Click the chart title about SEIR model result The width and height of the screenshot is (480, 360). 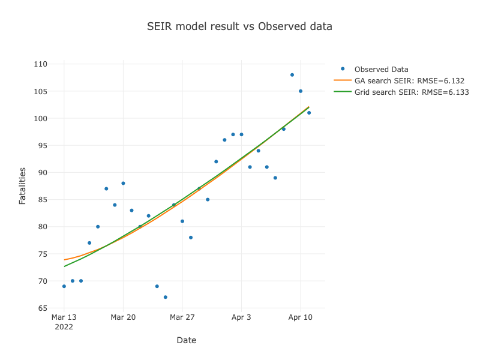(239, 27)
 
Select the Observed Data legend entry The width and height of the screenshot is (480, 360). (381, 69)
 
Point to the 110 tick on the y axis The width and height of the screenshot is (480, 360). (40, 64)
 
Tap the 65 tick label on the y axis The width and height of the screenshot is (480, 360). (43, 308)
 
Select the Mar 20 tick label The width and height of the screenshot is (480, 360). (123, 317)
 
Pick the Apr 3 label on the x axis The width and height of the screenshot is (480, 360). (241, 317)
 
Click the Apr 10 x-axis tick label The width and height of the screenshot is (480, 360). (301, 317)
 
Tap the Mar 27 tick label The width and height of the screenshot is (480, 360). (182, 317)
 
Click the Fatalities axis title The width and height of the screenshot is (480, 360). (22, 186)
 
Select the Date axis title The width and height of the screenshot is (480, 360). (186, 340)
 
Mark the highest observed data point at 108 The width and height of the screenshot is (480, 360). (292, 75)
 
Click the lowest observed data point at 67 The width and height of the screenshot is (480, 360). (166, 297)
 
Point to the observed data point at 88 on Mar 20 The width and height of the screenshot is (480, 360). (123, 183)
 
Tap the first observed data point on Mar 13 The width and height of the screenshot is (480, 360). (64, 286)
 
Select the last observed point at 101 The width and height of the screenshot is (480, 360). (309, 113)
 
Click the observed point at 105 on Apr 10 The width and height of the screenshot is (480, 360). (301, 91)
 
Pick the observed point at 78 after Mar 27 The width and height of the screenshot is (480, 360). (191, 238)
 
